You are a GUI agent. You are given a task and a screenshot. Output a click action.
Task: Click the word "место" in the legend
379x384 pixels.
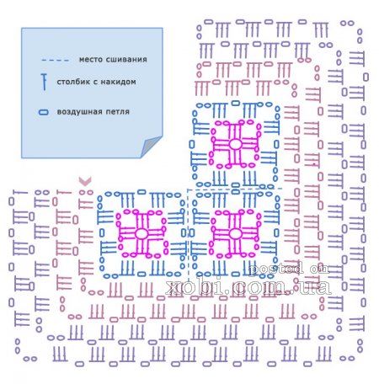coord(88,60)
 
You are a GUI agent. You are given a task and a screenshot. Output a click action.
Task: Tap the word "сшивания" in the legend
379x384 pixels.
coord(124,60)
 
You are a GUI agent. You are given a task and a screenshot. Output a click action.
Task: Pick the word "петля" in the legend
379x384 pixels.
coord(117,112)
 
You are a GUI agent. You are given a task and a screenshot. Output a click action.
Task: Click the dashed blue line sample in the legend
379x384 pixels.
coord(55,60)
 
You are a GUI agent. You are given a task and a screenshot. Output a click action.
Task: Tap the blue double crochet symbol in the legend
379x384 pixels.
coord(44,82)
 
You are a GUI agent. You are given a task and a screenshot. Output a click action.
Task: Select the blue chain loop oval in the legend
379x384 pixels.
coord(43,112)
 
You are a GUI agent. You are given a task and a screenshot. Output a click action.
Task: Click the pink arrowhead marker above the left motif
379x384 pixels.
coord(85,181)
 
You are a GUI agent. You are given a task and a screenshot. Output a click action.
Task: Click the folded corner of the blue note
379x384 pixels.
coord(151,147)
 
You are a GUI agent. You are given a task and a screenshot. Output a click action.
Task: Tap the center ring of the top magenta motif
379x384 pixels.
coord(235,144)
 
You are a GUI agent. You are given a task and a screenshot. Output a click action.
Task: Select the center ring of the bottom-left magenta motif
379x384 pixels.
coord(141,233)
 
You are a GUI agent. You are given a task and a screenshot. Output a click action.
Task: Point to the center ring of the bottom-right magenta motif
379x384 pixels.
coord(235,233)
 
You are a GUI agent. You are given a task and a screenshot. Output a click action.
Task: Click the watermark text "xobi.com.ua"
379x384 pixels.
coord(248,286)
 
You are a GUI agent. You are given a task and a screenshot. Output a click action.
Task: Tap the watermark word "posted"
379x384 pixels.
coord(275,269)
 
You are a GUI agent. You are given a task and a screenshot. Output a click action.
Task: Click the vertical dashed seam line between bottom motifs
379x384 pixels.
coord(188,236)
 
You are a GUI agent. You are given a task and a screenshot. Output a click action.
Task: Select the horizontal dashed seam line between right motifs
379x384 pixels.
coord(234,189)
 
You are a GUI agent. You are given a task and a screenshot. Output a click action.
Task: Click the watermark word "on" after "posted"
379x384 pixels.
coord(319,269)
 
